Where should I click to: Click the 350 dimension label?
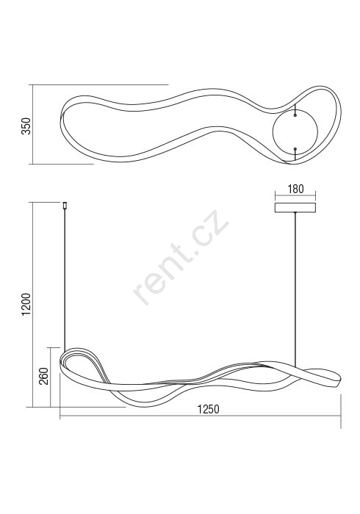(x=26, y=126)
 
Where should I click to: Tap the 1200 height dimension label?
(x=26, y=305)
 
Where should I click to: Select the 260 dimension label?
(x=43, y=376)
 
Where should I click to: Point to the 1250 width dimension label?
(x=208, y=409)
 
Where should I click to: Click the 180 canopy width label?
(x=295, y=189)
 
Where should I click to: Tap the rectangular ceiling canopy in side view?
(x=295, y=208)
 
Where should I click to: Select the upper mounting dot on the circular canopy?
(x=295, y=115)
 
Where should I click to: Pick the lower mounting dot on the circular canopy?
(x=295, y=149)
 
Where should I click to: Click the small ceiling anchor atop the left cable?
(x=65, y=205)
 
